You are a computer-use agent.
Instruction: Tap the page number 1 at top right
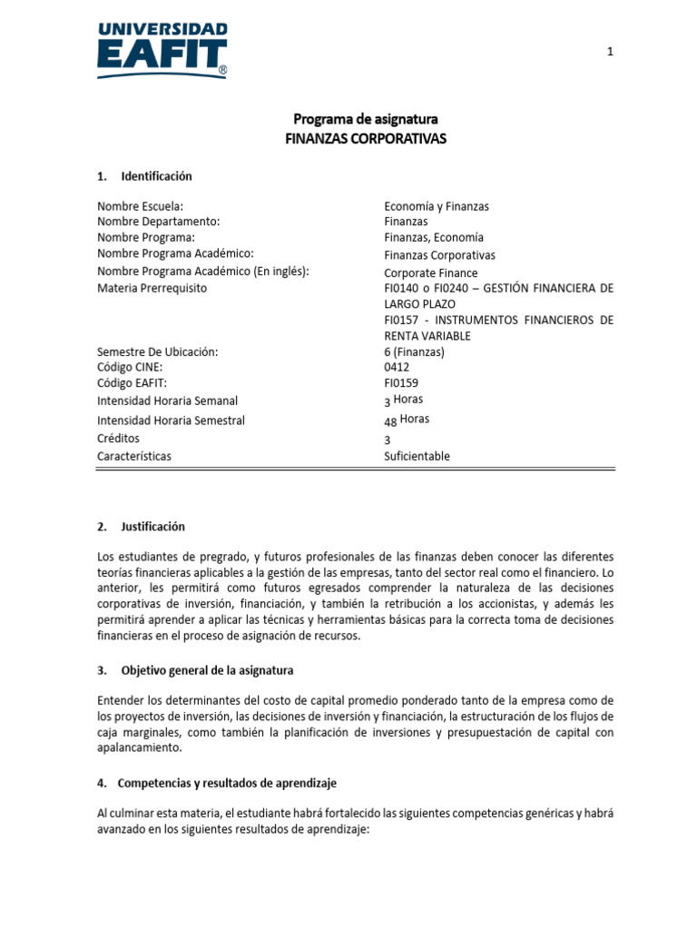(x=611, y=52)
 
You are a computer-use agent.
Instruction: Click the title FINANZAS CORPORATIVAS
(x=366, y=138)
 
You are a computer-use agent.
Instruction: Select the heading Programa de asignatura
(x=366, y=119)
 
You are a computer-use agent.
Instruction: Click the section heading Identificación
(x=156, y=176)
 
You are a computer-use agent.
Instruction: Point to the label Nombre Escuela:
(x=140, y=206)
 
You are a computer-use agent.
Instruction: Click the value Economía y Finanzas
(x=436, y=206)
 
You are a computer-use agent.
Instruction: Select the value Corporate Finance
(x=430, y=272)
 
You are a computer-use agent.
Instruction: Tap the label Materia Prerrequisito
(x=152, y=288)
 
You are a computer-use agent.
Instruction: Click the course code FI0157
(x=402, y=321)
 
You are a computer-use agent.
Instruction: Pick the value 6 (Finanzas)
(x=415, y=351)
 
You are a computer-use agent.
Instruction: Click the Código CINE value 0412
(x=398, y=367)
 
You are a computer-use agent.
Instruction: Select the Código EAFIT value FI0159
(x=401, y=383)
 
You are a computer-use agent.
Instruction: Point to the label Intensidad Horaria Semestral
(x=171, y=420)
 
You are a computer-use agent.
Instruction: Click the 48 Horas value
(x=407, y=420)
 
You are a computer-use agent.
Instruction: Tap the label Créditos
(x=118, y=439)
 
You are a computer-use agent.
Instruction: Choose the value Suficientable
(x=417, y=456)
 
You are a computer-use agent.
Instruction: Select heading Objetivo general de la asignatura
(x=207, y=670)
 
